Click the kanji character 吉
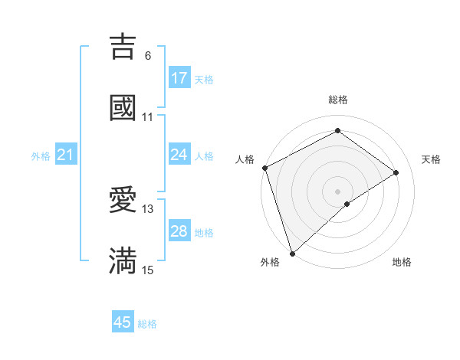[123, 47]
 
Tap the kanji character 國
[123, 108]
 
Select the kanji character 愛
[123, 200]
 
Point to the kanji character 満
[123, 261]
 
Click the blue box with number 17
[179, 78]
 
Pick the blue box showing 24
[179, 155]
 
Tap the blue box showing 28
[179, 231]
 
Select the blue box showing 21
[66, 155]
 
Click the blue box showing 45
[123, 322]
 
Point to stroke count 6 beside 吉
[148, 56]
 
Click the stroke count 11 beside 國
[148, 117]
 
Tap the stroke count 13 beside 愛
[148, 209]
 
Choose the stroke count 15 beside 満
[148, 270]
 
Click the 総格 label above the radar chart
[338, 100]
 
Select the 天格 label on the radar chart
[432, 159]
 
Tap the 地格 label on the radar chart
[402, 262]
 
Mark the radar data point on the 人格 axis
[264, 168]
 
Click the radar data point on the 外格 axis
[292, 253]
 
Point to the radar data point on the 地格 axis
[347, 204]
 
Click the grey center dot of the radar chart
[338, 191]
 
